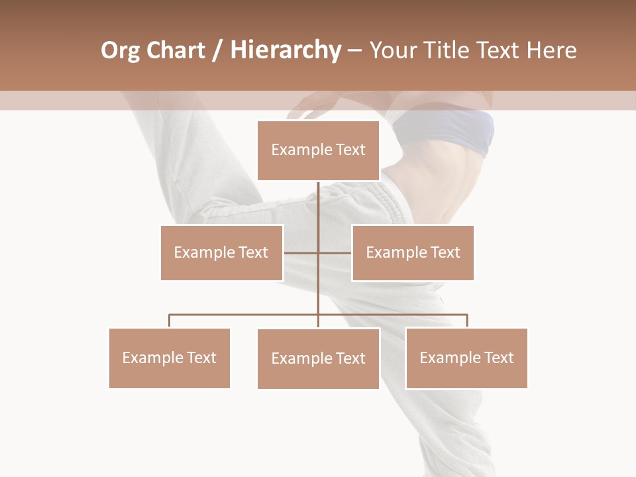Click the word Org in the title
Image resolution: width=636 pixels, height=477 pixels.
pos(120,50)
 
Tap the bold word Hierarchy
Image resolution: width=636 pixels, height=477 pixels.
pos(285,50)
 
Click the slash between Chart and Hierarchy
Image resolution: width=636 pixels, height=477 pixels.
pos(217,50)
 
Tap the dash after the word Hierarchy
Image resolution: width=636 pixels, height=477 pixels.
pos(354,51)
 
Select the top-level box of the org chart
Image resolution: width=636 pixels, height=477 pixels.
pos(318,150)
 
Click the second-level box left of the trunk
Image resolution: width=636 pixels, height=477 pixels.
pos(221,252)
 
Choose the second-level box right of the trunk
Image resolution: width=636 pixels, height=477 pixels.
pos(413,252)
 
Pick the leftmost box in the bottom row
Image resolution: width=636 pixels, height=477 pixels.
pos(169,358)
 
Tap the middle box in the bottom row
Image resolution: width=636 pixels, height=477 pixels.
pos(318,358)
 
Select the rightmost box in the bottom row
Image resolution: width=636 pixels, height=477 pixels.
pos(466,358)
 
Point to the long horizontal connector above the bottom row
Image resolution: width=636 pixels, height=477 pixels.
pos(245,315)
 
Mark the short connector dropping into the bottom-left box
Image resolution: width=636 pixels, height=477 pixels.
pos(169,321)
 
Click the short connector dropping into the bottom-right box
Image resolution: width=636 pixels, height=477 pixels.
pos(467,321)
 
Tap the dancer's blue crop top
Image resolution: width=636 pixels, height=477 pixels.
pos(457,129)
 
